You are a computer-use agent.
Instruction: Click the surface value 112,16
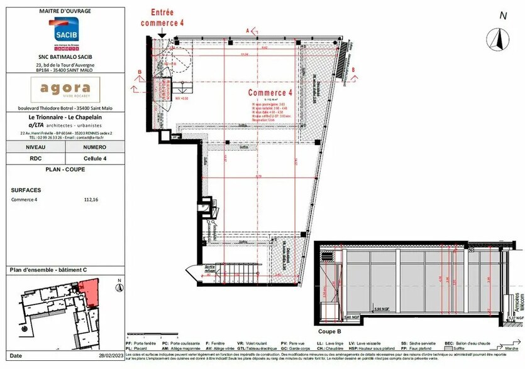point(91,200)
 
